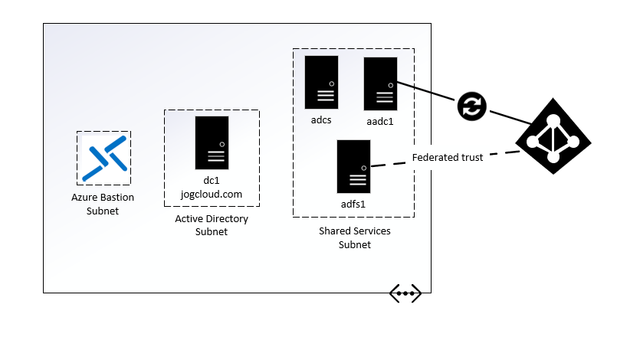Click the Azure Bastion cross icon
103,158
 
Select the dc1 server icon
212,142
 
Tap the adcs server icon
321,82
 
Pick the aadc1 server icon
380,84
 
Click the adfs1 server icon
353,166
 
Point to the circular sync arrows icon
472,106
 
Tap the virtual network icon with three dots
405,293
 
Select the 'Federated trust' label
448,159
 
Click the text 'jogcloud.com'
212,195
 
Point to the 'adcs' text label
321,120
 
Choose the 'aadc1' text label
380,121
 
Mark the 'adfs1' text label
353,205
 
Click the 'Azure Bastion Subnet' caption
103,204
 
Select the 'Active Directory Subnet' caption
212,226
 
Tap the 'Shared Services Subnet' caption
354,237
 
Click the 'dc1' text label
212,181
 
